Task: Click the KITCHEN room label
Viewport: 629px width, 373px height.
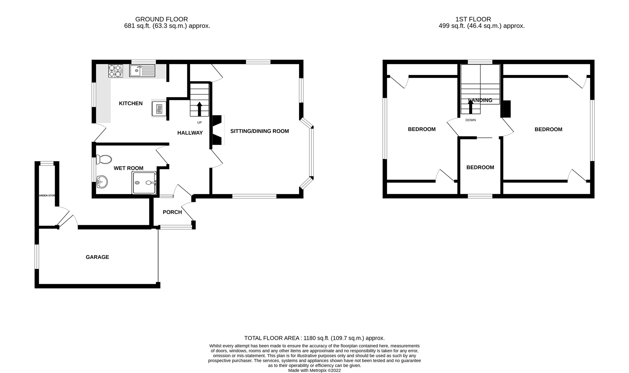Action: pyautogui.click(x=131, y=103)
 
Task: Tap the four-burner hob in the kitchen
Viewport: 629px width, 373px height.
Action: pyautogui.click(x=115, y=71)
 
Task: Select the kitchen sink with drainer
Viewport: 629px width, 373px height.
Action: pyautogui.click(x=142, y=71)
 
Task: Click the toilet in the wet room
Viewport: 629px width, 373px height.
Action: pyautogui.click(x=104, y=160)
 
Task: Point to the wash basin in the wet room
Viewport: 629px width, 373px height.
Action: pyautogui.click(x=102, y=182)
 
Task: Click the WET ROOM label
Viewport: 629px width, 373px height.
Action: pyautogui.click(x=129, y=168)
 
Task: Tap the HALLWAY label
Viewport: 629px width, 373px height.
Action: pyautogui.click(x=190, y=133)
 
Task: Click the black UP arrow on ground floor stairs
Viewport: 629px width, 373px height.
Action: pyautogui.click(x=199, y=109)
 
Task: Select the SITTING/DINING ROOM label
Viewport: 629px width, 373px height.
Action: pyautogui.click(x=260, y=131)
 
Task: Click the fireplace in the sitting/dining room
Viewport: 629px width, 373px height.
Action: pyautogui.click(x=217, y=130)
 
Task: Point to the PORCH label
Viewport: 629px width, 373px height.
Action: pyautogui.click(x=172, y=212)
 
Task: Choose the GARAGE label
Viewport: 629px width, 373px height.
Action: pyautogui.click(x=97, y=257)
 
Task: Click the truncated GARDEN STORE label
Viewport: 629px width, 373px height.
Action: pyautogui.click(x=47, y=195)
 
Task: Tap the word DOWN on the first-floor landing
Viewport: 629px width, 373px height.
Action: pyautogui.click(x=471, y=120)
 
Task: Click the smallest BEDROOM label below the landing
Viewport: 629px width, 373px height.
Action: pyautogui.click(x=480, y=167)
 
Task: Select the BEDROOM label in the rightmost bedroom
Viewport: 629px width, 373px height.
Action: pyautogui.click(x=548, y=130)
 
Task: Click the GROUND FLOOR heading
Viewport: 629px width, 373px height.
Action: pyautogui.click(x=161, y=19)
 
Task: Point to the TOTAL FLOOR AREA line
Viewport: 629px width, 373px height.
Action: pyautogui.click(x=314, y=338)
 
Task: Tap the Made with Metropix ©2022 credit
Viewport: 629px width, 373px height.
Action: pyautogui.click(x=314, y=370)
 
